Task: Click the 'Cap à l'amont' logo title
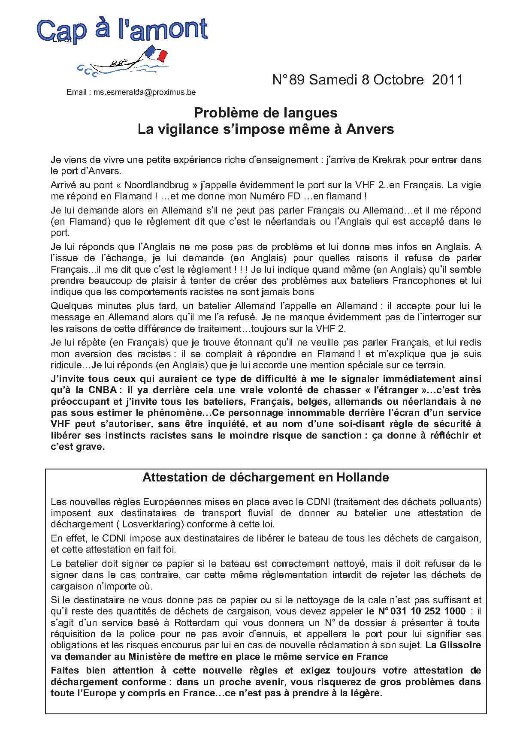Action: pos(122,31)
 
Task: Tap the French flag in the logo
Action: pos(157,53)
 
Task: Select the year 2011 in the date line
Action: pos(447,80)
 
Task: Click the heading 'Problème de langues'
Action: pos(266,113)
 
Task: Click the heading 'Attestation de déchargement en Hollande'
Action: pos(266,478)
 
